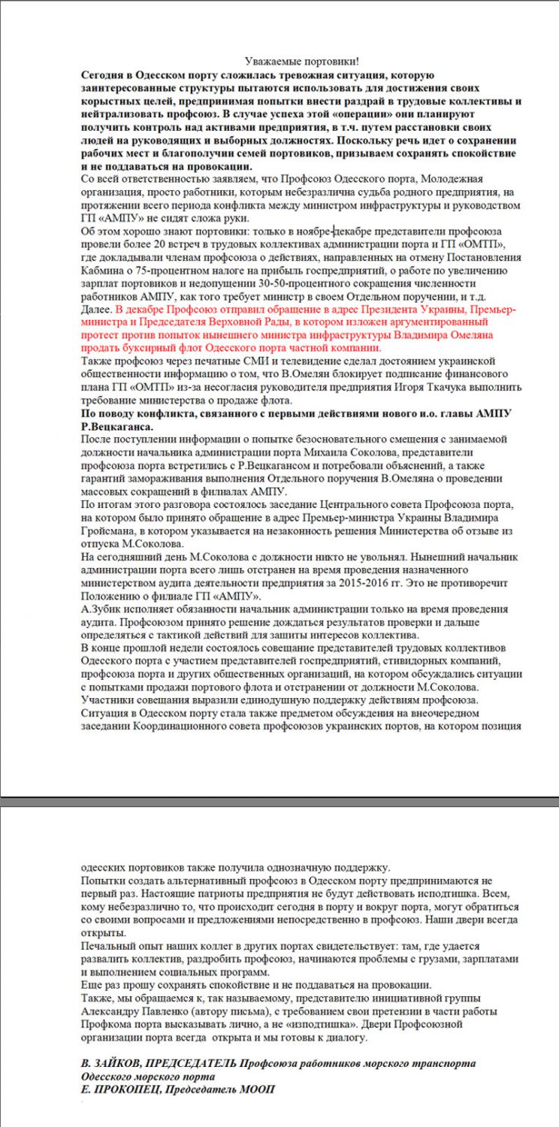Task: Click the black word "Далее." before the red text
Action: [97, 310]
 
